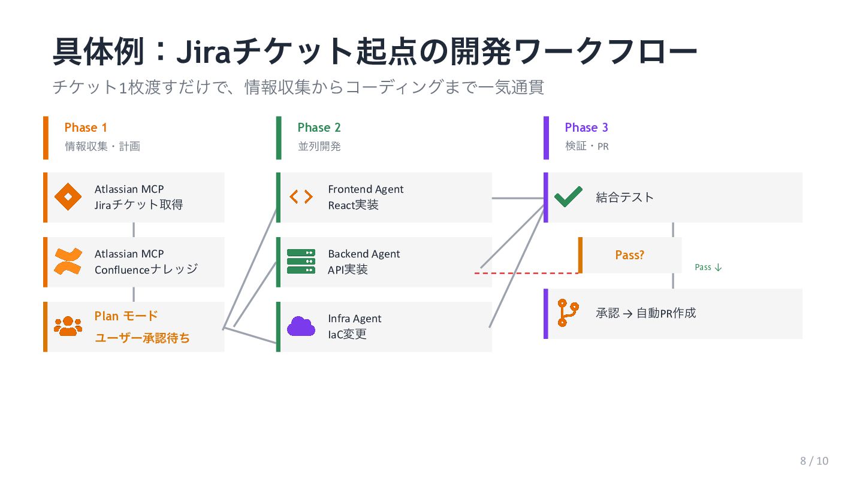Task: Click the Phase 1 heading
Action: [x=86, y=128]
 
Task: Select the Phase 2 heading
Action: [x=319, y=128]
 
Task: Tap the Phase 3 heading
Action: [x=586, y=128]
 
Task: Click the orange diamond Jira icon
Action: [x=68, y=197]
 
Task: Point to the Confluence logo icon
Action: [x=68, y=262]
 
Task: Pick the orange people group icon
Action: [x=68, y=326]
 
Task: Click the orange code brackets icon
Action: [x=301, y=197]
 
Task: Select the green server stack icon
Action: [x=301, y=262]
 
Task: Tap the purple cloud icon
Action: [x=301, y=326]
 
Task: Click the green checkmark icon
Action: [x=568, y=197]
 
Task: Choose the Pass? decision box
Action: [x=629, y=255]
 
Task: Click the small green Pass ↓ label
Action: [x=708, y=268]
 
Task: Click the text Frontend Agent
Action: [x=366, y=189]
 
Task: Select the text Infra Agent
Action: [x=355, y=319]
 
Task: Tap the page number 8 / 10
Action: [x=814, y=460]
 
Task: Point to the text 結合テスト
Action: [x=624, y=198]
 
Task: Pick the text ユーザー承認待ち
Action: [x=143, y=338]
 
